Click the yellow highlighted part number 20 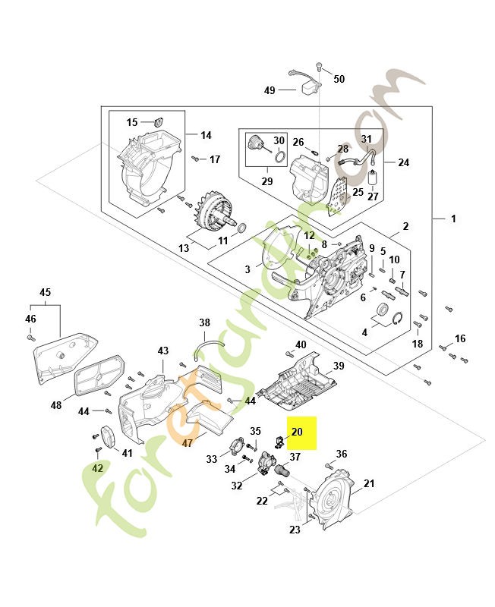297,432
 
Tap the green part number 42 97,468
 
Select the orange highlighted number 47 188,443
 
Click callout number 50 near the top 339,79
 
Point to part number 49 270,90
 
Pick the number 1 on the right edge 453,219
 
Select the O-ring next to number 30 279,158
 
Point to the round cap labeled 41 106,437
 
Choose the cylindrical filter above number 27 373,178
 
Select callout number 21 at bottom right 370,483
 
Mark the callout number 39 339,366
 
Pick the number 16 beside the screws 460,338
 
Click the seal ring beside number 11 242,228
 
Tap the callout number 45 45,292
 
